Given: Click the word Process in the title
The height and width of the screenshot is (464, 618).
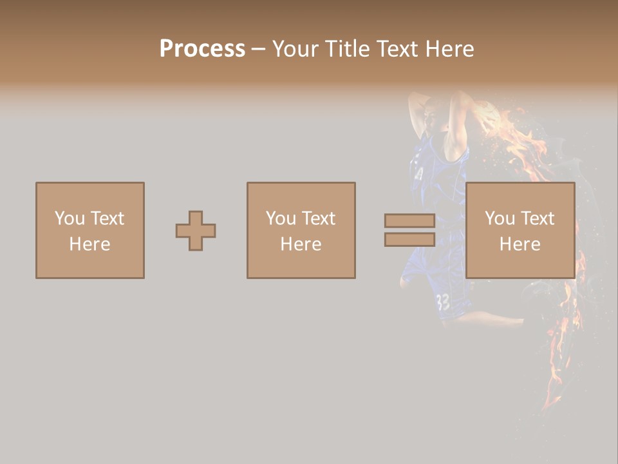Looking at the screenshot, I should [202, 49].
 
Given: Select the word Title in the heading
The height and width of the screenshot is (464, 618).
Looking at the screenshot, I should [348, 49].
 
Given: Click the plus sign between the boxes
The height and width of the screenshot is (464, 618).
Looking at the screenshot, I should [196, 231].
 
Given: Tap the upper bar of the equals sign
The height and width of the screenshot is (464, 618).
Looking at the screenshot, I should [409, 221].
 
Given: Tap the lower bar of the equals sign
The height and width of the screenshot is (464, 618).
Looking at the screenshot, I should [409, 240].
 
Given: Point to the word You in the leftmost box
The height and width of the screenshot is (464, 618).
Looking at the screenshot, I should [69, 218].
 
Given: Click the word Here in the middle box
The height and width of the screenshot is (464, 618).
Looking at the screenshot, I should [301, 244].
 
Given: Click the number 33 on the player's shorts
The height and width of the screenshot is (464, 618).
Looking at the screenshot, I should [443, 302].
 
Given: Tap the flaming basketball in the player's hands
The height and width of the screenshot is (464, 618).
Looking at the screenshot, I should [492, 119].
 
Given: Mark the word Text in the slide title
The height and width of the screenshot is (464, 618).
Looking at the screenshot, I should [396, 49].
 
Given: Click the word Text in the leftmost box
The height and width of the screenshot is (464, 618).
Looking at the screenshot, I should [106, 218].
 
